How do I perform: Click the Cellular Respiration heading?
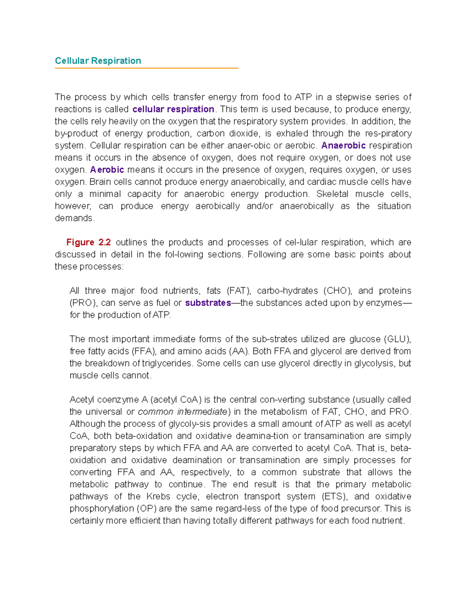(x=98, y=61)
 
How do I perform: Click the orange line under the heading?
(x=146, y=68)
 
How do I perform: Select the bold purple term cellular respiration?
(x=173, y=109)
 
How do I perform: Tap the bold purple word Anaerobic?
(x=343, y=145)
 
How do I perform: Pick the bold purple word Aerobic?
(x=107, y=169)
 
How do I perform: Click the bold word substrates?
(x=208, y=303)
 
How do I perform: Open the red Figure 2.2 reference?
(x=88, y=242)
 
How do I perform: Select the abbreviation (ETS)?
(x=334, y=496)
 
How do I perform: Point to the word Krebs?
(x=158, y=496)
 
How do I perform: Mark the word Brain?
(x=100, y=182)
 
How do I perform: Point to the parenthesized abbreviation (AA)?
(x=238, y=351)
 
